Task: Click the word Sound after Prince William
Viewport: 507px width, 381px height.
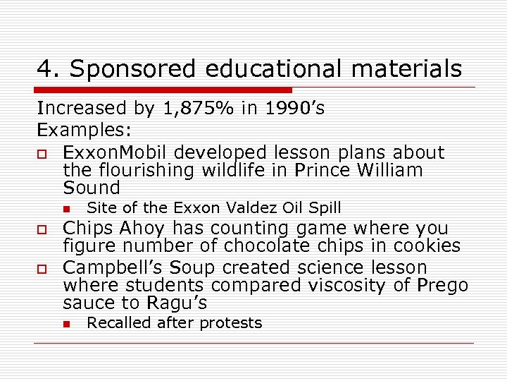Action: pos(92,188)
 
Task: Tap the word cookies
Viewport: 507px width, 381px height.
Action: pos(426,246)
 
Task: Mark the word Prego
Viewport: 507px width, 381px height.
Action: pos(442,285)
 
